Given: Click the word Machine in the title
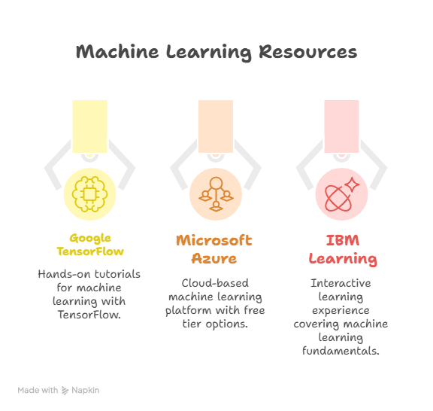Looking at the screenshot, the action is pyautogui.click(x=117, y=51).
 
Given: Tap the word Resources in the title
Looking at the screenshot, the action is pyautogui.click(x=308, y=51).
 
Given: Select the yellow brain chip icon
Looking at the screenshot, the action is pyautogui.click(x=89, y=194).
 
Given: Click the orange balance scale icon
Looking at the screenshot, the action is pyautogui.click(x=216, y=194).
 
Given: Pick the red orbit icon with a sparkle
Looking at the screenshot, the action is pyautogui.click(x=342, y=194).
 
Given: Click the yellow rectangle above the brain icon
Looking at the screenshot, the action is pyautogui.click(x=89, y=126).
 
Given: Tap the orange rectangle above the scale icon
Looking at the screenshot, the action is pyautogui.click(x=216, y=126).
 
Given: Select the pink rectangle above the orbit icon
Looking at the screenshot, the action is pyautogui.click(x=341, y=126).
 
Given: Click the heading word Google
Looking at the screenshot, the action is pyautogui.click(x=90, y=239).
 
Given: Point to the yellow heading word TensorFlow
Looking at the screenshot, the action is pyautogui.click(x=90, y=251).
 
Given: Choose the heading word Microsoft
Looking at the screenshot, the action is pyautogui.click(x=214, y=240).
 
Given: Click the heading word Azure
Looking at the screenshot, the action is pyautogui.click(x=214, y=259).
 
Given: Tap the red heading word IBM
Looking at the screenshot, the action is pyautogui.click(x=343, y=240).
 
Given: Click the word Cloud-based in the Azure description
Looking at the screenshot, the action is pyautogui.click(x=215, y=283).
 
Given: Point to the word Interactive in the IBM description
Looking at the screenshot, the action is pyautogui.click(x=341, y=283).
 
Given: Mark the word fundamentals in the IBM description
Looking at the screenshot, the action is pyautogui.click(x=341, y=351).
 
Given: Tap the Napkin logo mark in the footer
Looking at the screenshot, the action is pyautogui.click(x=65, y=390).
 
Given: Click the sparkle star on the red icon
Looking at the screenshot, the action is pyautogui.click(x=352, y=184).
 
